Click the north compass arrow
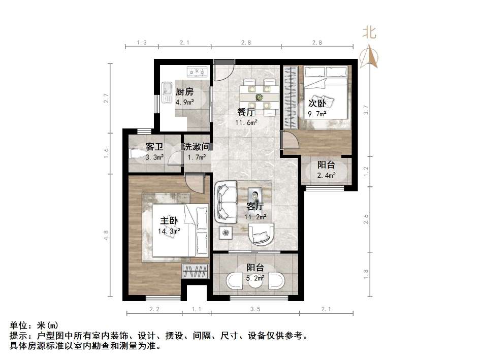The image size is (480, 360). pyautogui.click(x=369, y=56)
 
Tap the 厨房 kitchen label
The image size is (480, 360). pyautogui.click(x=184, y=92)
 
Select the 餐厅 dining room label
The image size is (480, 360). pyautogui.click(x=246, y=112)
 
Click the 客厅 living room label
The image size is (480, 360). pyautogui.click(x=254, y=206)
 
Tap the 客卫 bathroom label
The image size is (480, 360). pyautogui.click(x=154, y=147)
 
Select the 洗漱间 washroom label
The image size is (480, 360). pyautogui.click(x=197, y=147)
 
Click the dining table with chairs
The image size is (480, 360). pyautogui.click(x=260, y=94)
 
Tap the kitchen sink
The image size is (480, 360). pyautogui.click(x=167, y=91)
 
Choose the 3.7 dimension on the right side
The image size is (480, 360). pyautogui.click(x=366, y=108)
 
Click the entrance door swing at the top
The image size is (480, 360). pyautogui.click(x=222, y=73)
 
